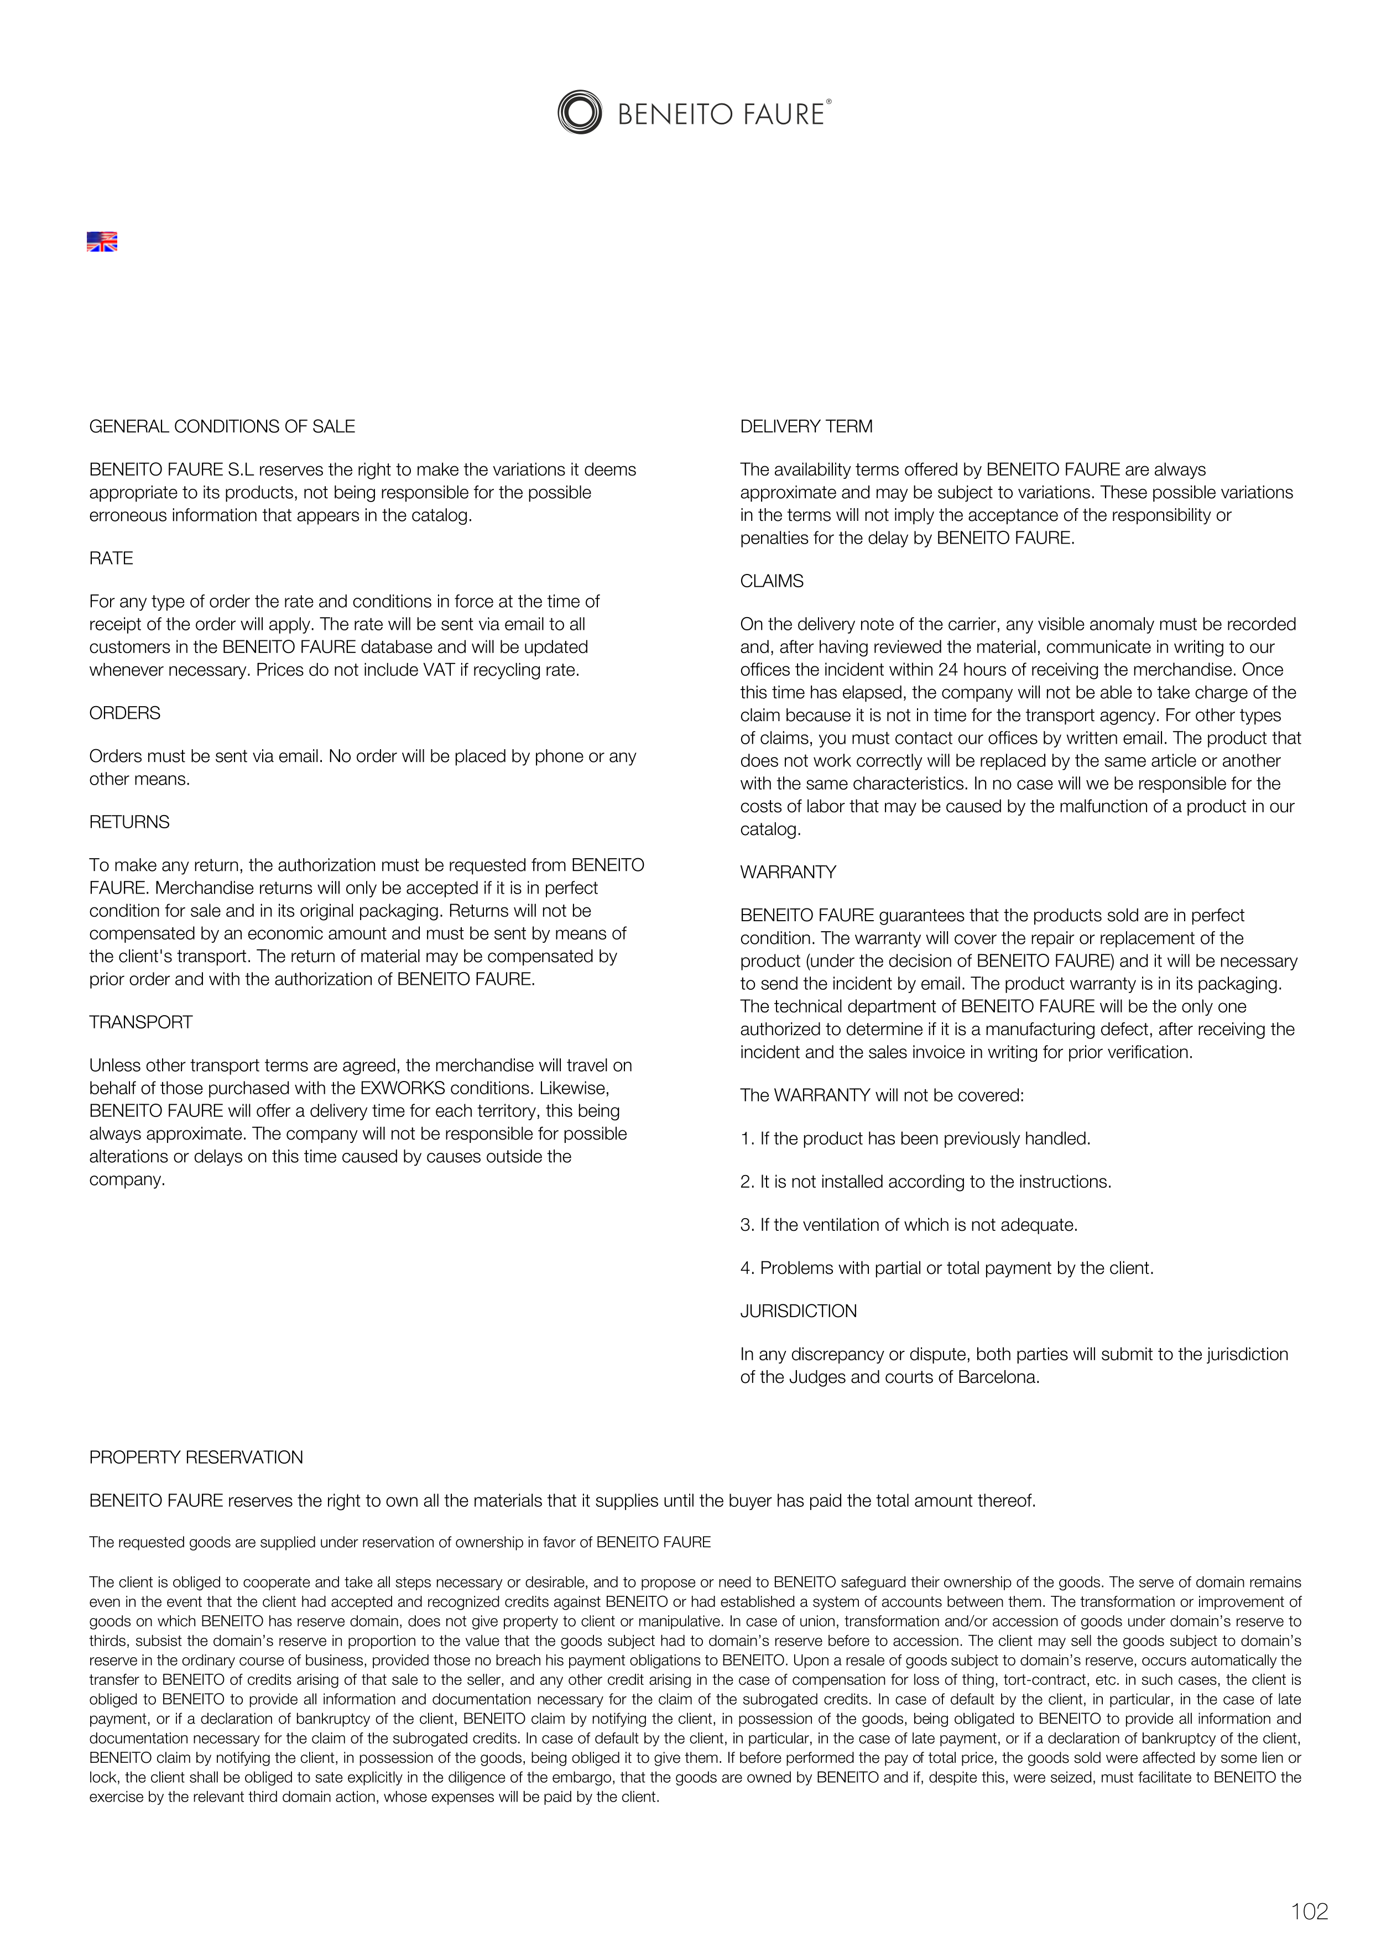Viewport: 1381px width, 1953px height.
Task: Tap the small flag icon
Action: [102, 242]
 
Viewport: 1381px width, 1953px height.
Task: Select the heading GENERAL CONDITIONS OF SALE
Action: [222, 426]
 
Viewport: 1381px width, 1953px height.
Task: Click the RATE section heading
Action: [112, 558]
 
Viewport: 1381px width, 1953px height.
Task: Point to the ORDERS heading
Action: [125, 713]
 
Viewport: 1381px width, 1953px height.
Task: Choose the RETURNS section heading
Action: [129, 822]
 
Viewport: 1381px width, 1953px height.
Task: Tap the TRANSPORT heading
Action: [141, 1022]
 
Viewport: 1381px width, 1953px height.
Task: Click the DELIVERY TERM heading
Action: [806, 426]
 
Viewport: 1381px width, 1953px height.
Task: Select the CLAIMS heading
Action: [772, 581]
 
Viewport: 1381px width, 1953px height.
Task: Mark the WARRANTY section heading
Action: [788, 872]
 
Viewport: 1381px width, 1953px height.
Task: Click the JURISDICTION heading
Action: [798, 1311]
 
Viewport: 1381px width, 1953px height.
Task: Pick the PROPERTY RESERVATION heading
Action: [196, 1457]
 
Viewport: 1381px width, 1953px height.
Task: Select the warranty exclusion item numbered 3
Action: [909, 1225]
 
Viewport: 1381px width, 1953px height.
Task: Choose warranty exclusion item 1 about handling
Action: [915, 1138]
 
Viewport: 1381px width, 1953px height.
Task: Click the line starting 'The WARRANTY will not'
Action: [882, 1095]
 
